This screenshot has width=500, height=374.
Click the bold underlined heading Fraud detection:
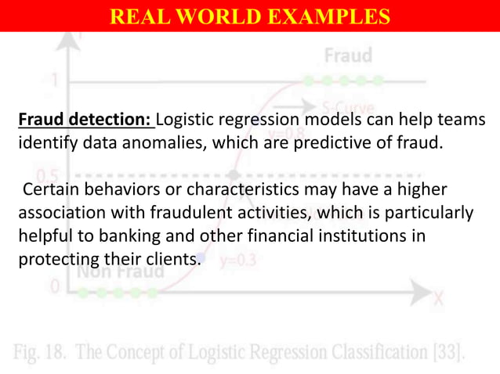click(85, 121)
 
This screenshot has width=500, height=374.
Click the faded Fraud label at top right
click(348, 56)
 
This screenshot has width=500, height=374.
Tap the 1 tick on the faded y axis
click(54, 80)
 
